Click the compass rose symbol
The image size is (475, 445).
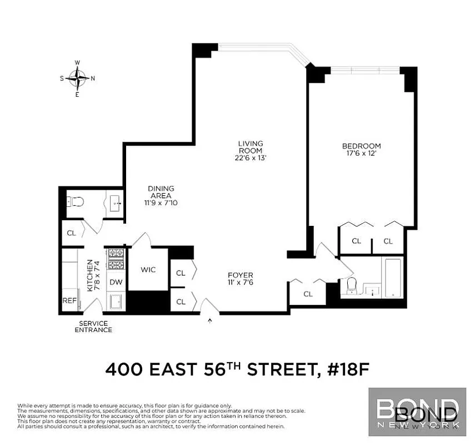tap(78, 78)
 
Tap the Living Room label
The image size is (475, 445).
tap(251, 147)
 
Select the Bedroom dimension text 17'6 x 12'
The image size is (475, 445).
tap(361, 154)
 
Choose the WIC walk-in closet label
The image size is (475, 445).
tap(148, 270)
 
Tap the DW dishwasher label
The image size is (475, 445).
tap(116, 282)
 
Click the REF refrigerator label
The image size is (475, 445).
tap(69, 300)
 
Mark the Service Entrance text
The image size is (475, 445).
tap(94, 327)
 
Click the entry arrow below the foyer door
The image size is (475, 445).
tap(210, 320)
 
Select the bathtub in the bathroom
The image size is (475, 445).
tap(394, 278)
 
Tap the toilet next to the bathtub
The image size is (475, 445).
tap(351, 285)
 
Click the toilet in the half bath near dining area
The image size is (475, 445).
tap(74, 202)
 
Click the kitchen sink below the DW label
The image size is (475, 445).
tap(116, 301)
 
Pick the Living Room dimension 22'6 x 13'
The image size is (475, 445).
tap(251, 157)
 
